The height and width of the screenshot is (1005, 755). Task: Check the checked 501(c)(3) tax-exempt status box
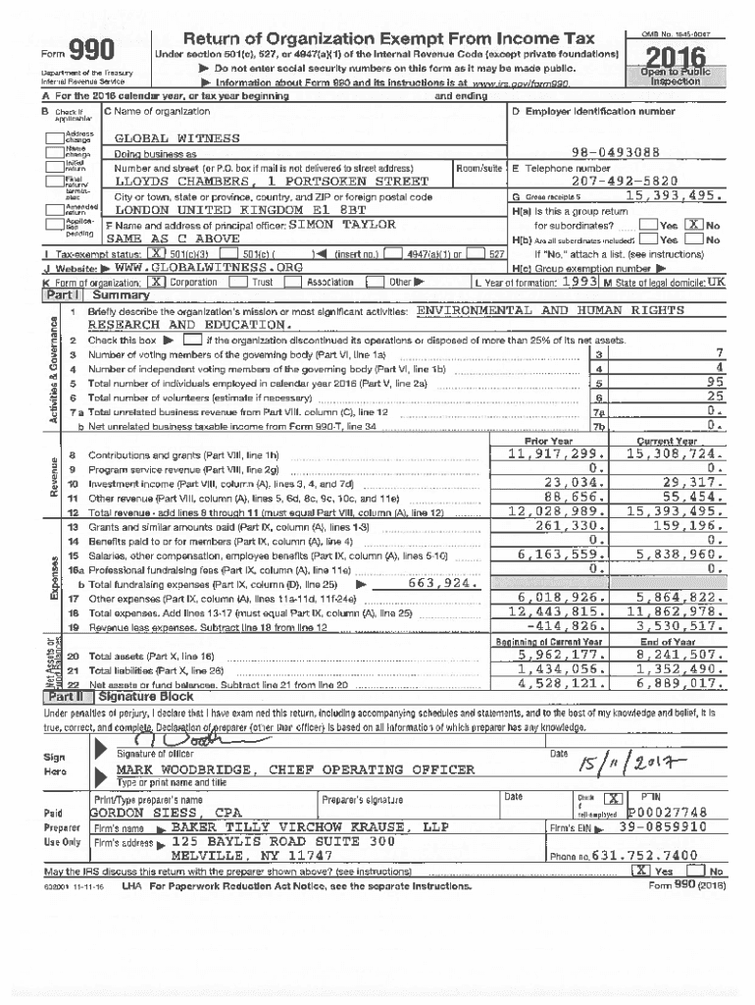pyautogui.click(x=153, y=253)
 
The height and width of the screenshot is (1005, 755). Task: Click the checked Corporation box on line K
pyautogui.click(x=159, y=281)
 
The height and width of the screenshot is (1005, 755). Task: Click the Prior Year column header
pyautogui.click(x=548, y=442)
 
